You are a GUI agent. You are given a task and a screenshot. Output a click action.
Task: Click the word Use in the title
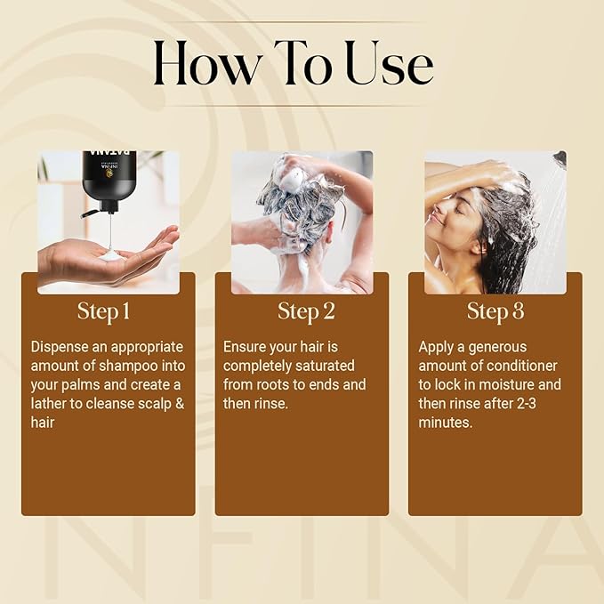point(389,63)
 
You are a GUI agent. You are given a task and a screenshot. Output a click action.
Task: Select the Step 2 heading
point(302,311)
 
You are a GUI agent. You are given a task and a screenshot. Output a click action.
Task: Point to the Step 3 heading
point(495,311)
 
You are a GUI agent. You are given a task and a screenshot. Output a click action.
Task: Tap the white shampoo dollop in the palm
point(111,255)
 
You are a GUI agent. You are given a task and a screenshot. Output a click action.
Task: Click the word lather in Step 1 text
point(52,404)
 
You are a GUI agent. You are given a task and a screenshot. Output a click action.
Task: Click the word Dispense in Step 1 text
point(60,347)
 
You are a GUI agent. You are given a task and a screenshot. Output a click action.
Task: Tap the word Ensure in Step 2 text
point(246,347)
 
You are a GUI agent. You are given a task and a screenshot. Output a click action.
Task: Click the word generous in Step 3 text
point(495,347)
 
